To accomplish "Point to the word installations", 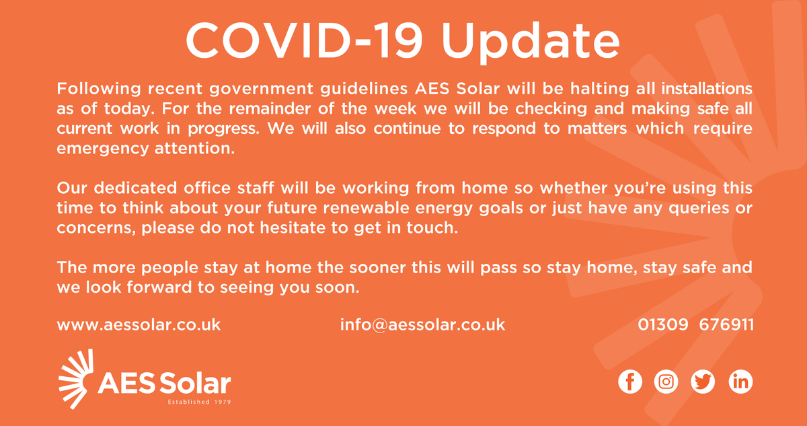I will pos(703,89).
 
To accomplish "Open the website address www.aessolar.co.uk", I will pos(139,325).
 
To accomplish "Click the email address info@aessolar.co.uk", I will pos(422,325).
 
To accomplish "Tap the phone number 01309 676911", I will pos(695,325).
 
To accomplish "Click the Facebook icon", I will pos(630,382).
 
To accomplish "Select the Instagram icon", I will pos(666,382).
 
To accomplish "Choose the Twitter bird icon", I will pos(703,382).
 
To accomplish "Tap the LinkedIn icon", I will pos(740,382).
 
